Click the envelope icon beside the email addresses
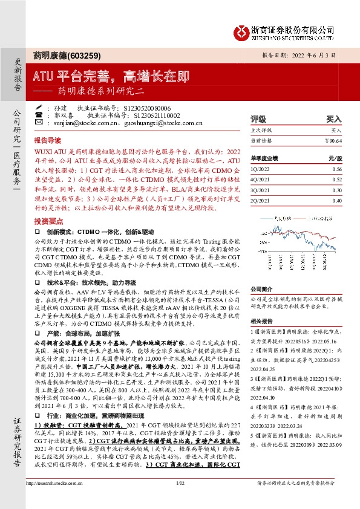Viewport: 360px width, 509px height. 39,123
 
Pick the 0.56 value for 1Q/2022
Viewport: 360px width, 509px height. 336,170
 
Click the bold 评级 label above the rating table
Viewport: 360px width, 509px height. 259,120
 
